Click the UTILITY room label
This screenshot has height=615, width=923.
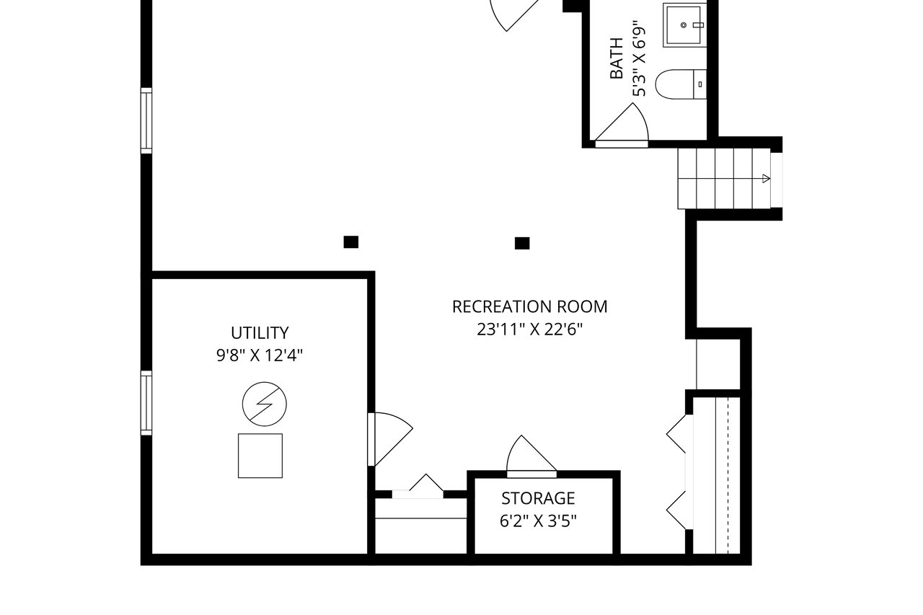click(x=260, y=333)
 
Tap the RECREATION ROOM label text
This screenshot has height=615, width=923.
click(x=529, y=306)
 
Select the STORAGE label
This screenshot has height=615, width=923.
click(x=538, y=498)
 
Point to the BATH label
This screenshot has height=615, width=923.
click(x=617, y=58)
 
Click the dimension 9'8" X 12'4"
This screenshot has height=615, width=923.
click(x=260, y=355)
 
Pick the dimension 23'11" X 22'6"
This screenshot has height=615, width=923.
click(x=529, y=329)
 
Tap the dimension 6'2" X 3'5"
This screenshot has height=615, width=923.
click(x=538, y=521)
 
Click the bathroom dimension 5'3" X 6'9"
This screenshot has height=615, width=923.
click(x=639, y=58)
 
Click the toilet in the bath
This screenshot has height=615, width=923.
click(x=680, y=84)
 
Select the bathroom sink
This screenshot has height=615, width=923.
click(x=684, y=25)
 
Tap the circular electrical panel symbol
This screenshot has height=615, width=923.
click(x=265, y=404)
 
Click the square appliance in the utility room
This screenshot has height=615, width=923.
click(x=260, y=456)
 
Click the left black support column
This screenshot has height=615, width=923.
click(x=351, y=242)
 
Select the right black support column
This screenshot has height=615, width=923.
click(x=522, y=244)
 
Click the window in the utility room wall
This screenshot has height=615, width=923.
click(x=146, y=403)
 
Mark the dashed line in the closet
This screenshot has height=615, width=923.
click(x=728, y=476)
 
